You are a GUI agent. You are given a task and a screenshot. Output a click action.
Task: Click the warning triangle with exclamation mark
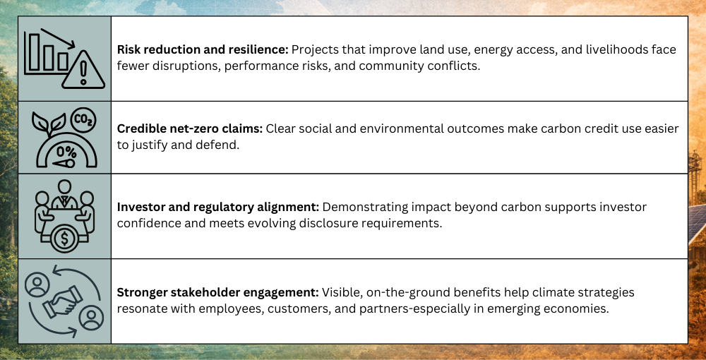pyautogui.click(x=83, y=70)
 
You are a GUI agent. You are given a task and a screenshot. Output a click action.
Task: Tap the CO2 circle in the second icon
pyautogui.click(x=83, y=121)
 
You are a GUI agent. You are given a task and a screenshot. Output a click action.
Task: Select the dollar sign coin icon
pyautogui.click(x=65, y=239)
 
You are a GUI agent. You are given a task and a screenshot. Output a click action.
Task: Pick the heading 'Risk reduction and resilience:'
pyautogui.click(x=203, y=49)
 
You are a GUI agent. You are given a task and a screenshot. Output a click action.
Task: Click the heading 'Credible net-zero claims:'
pyautogui.click(x=189, y=128)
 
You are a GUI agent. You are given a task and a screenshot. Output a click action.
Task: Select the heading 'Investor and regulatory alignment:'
pyautogui.click(x=218, y=207)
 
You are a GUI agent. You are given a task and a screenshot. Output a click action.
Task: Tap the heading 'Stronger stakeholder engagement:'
pyautogui.click(x=218, y=292)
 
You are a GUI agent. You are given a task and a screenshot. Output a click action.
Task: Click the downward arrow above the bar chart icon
pyautogui.click(x=58, y=39)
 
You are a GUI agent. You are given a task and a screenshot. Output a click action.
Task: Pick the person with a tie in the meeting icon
pyautogui.click(x=64, y=195)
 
